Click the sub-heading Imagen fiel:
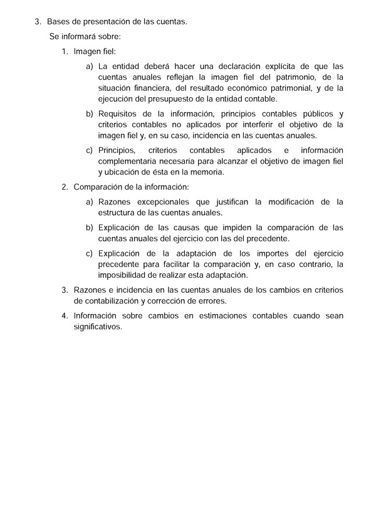coord(95,51)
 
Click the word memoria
coord(209,172)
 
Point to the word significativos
coord(98,326)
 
